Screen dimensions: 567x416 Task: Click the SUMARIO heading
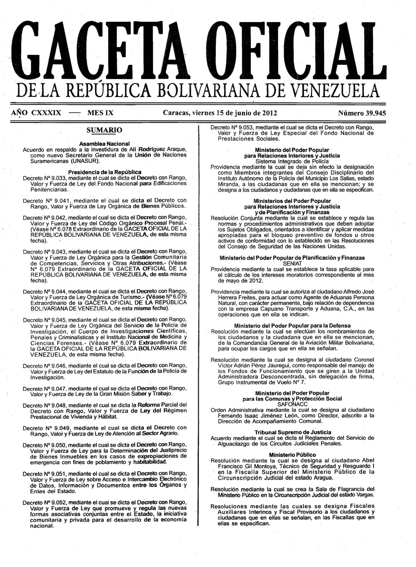coord(104,130)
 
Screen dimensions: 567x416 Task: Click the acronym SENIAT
coord(292,264)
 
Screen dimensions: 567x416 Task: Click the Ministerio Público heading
coord(292,455)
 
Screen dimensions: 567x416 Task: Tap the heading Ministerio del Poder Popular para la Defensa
coord(292,326)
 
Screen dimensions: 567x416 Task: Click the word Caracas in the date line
coord(176,113)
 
